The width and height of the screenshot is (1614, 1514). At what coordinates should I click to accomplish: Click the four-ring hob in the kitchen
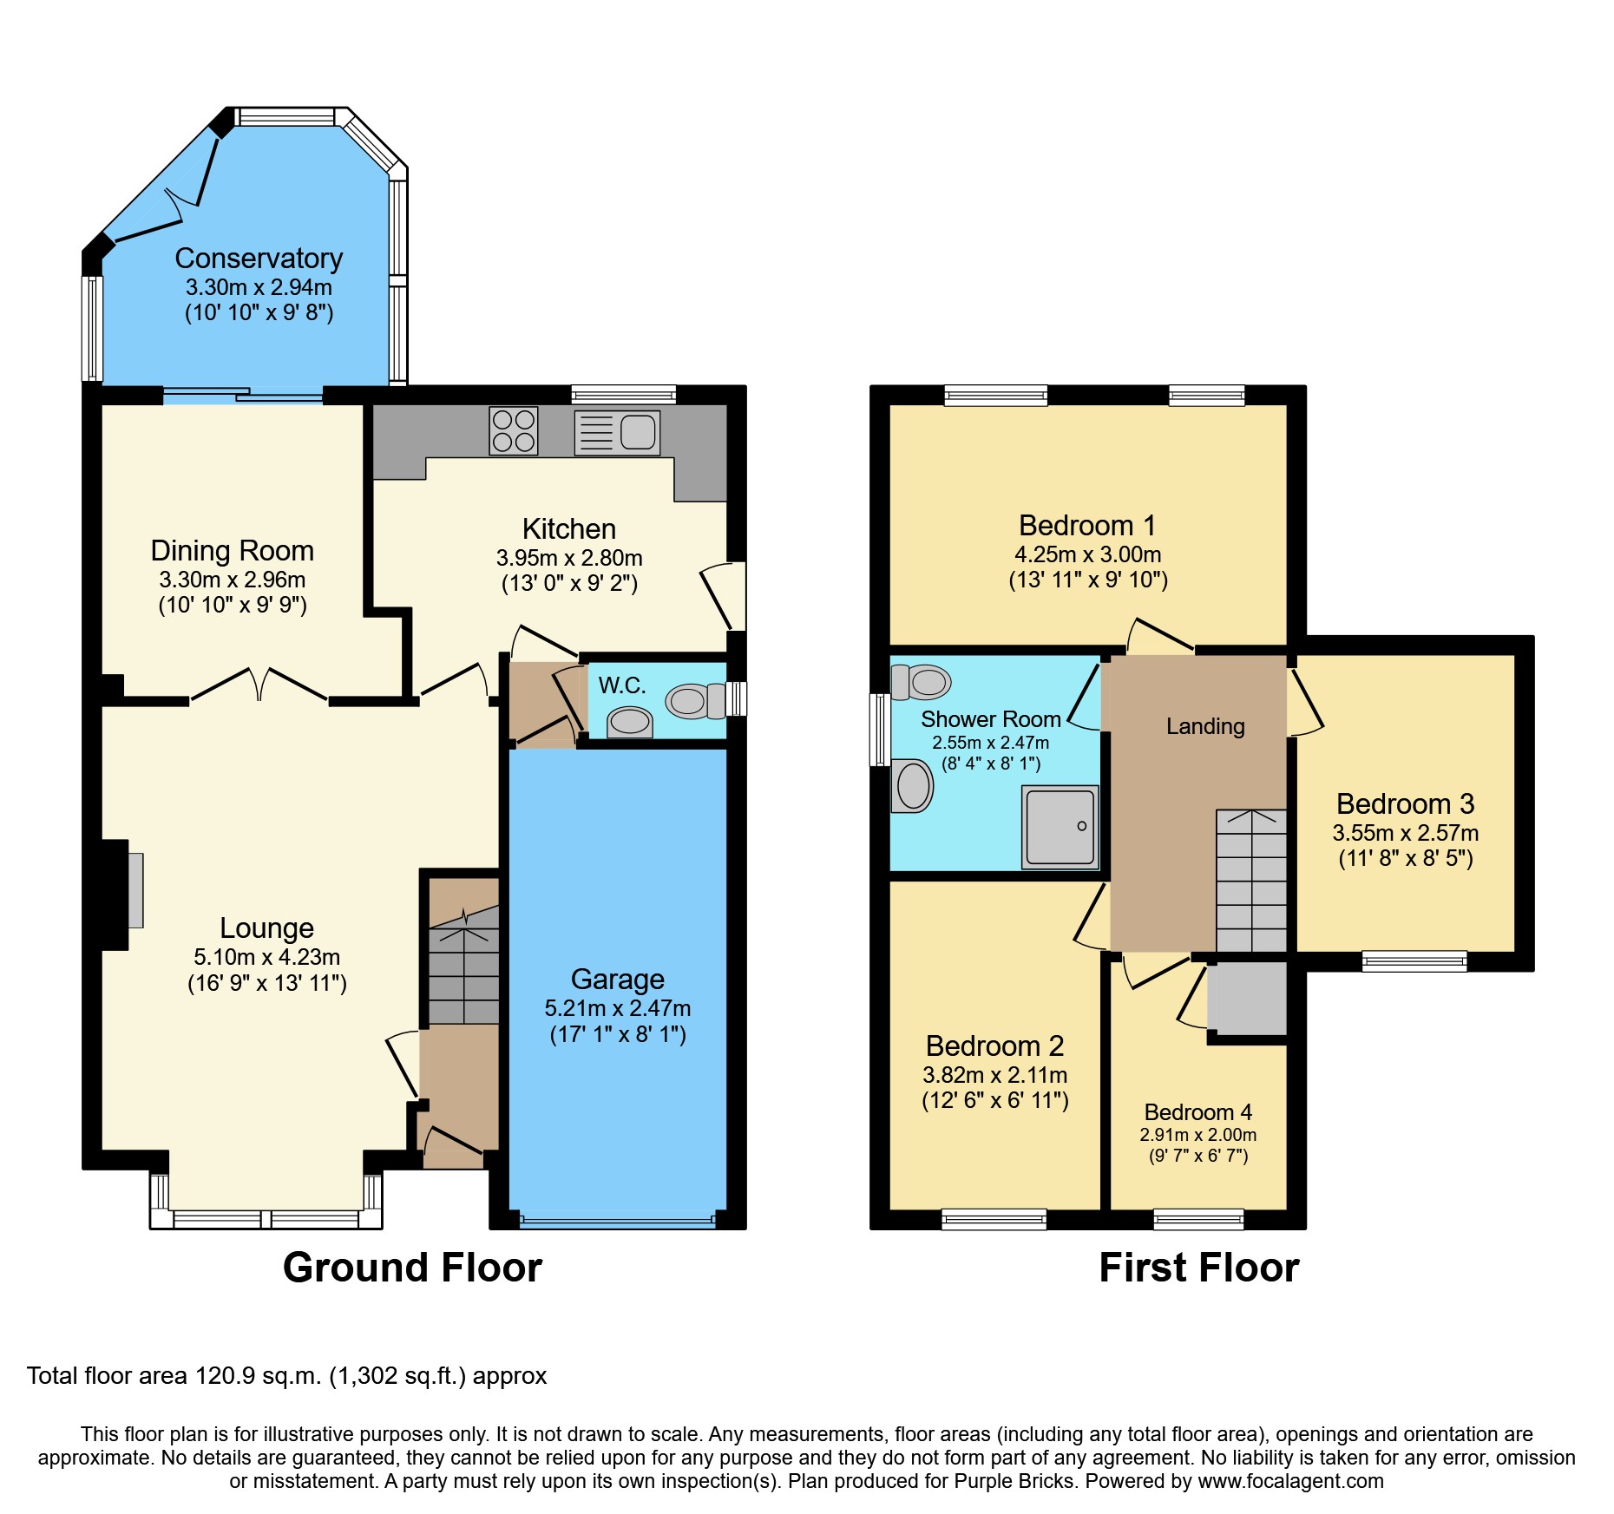point(513,431)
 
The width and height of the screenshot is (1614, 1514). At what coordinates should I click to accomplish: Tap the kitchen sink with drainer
point(617,432)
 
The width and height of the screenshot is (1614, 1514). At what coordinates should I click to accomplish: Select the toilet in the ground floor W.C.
point(694,701)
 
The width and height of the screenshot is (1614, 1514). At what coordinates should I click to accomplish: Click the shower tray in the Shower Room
point(1060,827)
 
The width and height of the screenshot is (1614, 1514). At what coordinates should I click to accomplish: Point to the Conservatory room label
point(259,259)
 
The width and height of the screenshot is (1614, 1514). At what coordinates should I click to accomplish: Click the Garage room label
point(617,979)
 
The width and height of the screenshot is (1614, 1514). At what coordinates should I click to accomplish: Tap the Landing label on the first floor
point(1204,726)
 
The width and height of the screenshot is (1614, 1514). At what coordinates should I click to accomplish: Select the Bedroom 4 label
point(1197,1112)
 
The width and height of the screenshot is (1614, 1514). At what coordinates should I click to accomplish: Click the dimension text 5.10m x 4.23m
point(266,957)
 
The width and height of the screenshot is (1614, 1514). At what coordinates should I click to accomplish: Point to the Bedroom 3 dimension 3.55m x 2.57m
point(1405,833)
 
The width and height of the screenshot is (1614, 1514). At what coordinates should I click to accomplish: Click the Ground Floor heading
point(412,1268)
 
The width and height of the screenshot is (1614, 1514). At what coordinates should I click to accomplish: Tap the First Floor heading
point(1198,1268)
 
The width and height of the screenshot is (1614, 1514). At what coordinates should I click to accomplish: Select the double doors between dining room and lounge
point(259,685)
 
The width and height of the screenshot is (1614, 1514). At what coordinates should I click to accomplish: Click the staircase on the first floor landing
point(1250,881)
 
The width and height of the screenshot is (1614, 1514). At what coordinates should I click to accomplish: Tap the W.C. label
point(621,685)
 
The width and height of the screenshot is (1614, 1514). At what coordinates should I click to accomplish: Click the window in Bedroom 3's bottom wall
point(1414,960)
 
